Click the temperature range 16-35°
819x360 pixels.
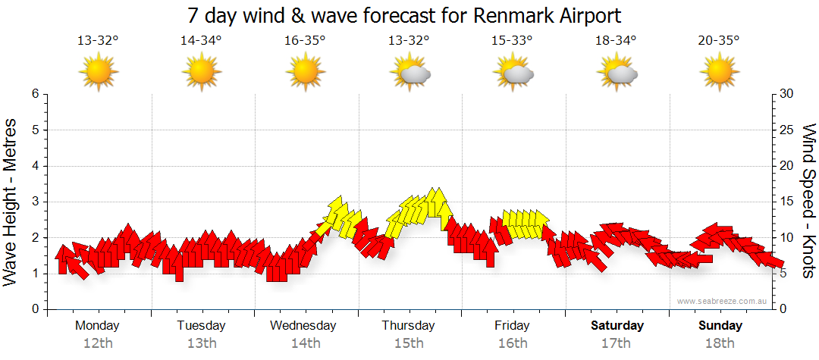(305, 41)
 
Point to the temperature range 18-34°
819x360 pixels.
(616, 41)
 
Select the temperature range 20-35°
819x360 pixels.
(720, 41)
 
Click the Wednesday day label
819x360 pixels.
(303, 326)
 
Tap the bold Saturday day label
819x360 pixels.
(617, 326)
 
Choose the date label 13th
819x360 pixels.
(202, 343)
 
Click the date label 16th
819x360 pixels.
(513, 343)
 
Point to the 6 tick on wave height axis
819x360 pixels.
(35, 94)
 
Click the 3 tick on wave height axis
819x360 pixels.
(35, 202)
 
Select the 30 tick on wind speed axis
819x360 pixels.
(787, 94)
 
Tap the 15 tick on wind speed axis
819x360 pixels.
(787, 202)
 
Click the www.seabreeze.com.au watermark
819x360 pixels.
(723, 301)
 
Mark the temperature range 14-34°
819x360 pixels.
(201, 41)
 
